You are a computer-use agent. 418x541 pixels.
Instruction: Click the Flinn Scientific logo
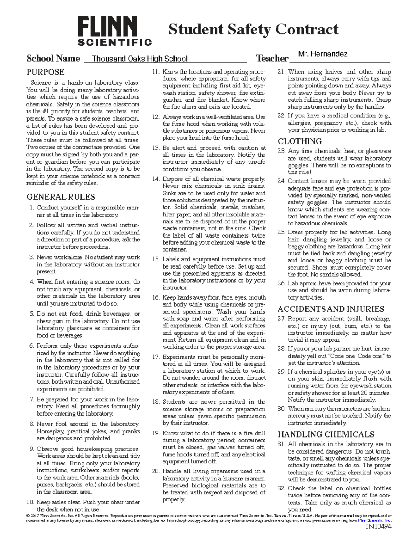pos(115,31)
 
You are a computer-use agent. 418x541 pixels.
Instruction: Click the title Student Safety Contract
pos(253,29)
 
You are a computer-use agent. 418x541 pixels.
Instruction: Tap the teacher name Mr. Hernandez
pos(323,54)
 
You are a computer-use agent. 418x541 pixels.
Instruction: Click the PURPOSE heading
pos(46,72)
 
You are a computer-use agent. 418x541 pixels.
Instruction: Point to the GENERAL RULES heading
pos(61,197)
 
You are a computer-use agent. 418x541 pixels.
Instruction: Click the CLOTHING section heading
pos(300,141)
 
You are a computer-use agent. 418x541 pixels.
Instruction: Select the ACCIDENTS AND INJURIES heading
pos(331,309)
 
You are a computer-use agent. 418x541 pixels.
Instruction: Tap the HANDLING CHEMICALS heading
pos(326,434)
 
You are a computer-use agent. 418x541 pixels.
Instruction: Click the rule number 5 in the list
pos(32,314)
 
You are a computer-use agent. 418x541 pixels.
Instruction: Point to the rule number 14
pos(156,179)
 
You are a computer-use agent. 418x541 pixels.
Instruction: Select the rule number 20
pos(156,471)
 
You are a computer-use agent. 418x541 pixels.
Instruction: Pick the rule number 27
pos(281,319)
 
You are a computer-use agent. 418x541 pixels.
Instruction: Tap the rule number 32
pos(281,488)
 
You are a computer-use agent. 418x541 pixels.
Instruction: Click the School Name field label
pos(53,59)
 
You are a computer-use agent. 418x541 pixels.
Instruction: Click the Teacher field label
pos(272,59)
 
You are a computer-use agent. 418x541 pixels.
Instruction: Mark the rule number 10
pos(30,502)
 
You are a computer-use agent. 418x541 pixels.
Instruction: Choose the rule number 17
pos(156,357)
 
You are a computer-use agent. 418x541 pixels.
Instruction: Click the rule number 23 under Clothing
pos(281,151)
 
